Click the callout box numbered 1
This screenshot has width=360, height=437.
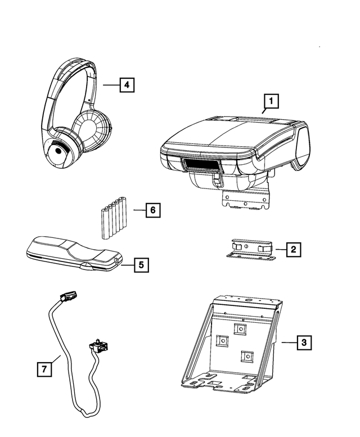coord(271,101)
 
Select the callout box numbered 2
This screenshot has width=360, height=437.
coord(294,249)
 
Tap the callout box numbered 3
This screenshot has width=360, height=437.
coord(304,343)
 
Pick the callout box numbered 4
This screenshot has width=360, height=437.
coord(127,84)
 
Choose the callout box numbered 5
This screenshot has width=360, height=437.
coord(141,265)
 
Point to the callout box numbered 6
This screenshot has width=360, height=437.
coord(152,210)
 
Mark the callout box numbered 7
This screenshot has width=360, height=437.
coord(44,370)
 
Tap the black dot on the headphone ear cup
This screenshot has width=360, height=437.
coord(58,151)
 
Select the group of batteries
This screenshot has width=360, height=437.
coord(114,218)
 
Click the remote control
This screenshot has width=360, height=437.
coord(74,254)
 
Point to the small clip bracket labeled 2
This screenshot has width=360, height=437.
coord(250,249)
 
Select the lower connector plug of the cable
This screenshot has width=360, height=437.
coord(98,345)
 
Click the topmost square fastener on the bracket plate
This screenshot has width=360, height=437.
coord(240,330)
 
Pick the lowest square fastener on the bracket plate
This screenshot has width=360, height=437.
coord(247,357)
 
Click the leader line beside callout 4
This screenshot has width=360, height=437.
coord(111,85)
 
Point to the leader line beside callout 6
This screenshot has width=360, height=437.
coord(139,210)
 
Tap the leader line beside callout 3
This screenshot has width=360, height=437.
coord(289,343)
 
